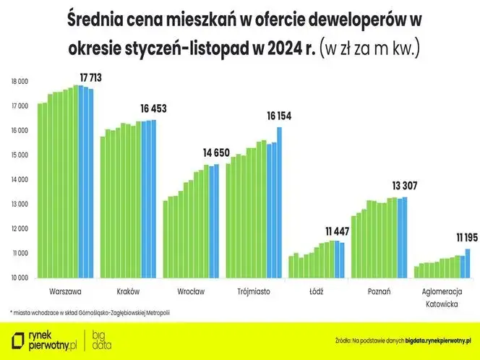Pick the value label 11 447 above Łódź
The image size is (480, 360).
point(337,231)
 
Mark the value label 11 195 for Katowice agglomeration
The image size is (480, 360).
point(462,237)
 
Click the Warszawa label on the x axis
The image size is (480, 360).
point(65,291)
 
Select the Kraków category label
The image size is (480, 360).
point(128,291)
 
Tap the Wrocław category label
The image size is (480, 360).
point(191,291)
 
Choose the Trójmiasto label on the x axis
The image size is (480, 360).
point(254,291)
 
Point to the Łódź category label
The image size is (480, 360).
point(317,291)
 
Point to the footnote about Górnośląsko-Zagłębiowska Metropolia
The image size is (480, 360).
point(90,312)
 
